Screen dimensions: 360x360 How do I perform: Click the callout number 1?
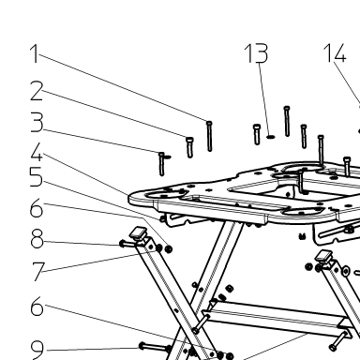[x=35, y=53]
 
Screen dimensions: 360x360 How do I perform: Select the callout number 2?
[x=37, y=91]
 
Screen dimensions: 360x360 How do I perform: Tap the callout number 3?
[x=37, y=123]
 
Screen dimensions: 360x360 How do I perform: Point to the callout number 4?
[x=37, y=152]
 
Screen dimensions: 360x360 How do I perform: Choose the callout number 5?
[x=36, y=176]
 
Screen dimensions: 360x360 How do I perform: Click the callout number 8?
[x=37, y=239]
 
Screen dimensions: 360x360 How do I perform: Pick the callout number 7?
[x=38, y=272]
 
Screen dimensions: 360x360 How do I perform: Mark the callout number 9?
[x=37, y=350]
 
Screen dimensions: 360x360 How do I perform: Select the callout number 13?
[x=256, y=53]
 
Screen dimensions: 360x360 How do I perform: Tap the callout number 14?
[x=335, y=52]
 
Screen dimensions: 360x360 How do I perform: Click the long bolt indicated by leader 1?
[x=209, y=136]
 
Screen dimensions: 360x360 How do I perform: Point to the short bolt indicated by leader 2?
[x=189, y=147]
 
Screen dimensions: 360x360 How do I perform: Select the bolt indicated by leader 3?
[x=161, y=164]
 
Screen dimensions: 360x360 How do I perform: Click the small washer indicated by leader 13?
[x=271, y=137]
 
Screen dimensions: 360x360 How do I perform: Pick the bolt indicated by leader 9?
[x=154, y=347]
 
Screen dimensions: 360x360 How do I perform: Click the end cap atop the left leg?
[x=138, y=233]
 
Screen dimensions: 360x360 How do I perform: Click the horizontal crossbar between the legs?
[x=276, y=316]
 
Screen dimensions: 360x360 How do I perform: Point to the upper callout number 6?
[x=37, y=208]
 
